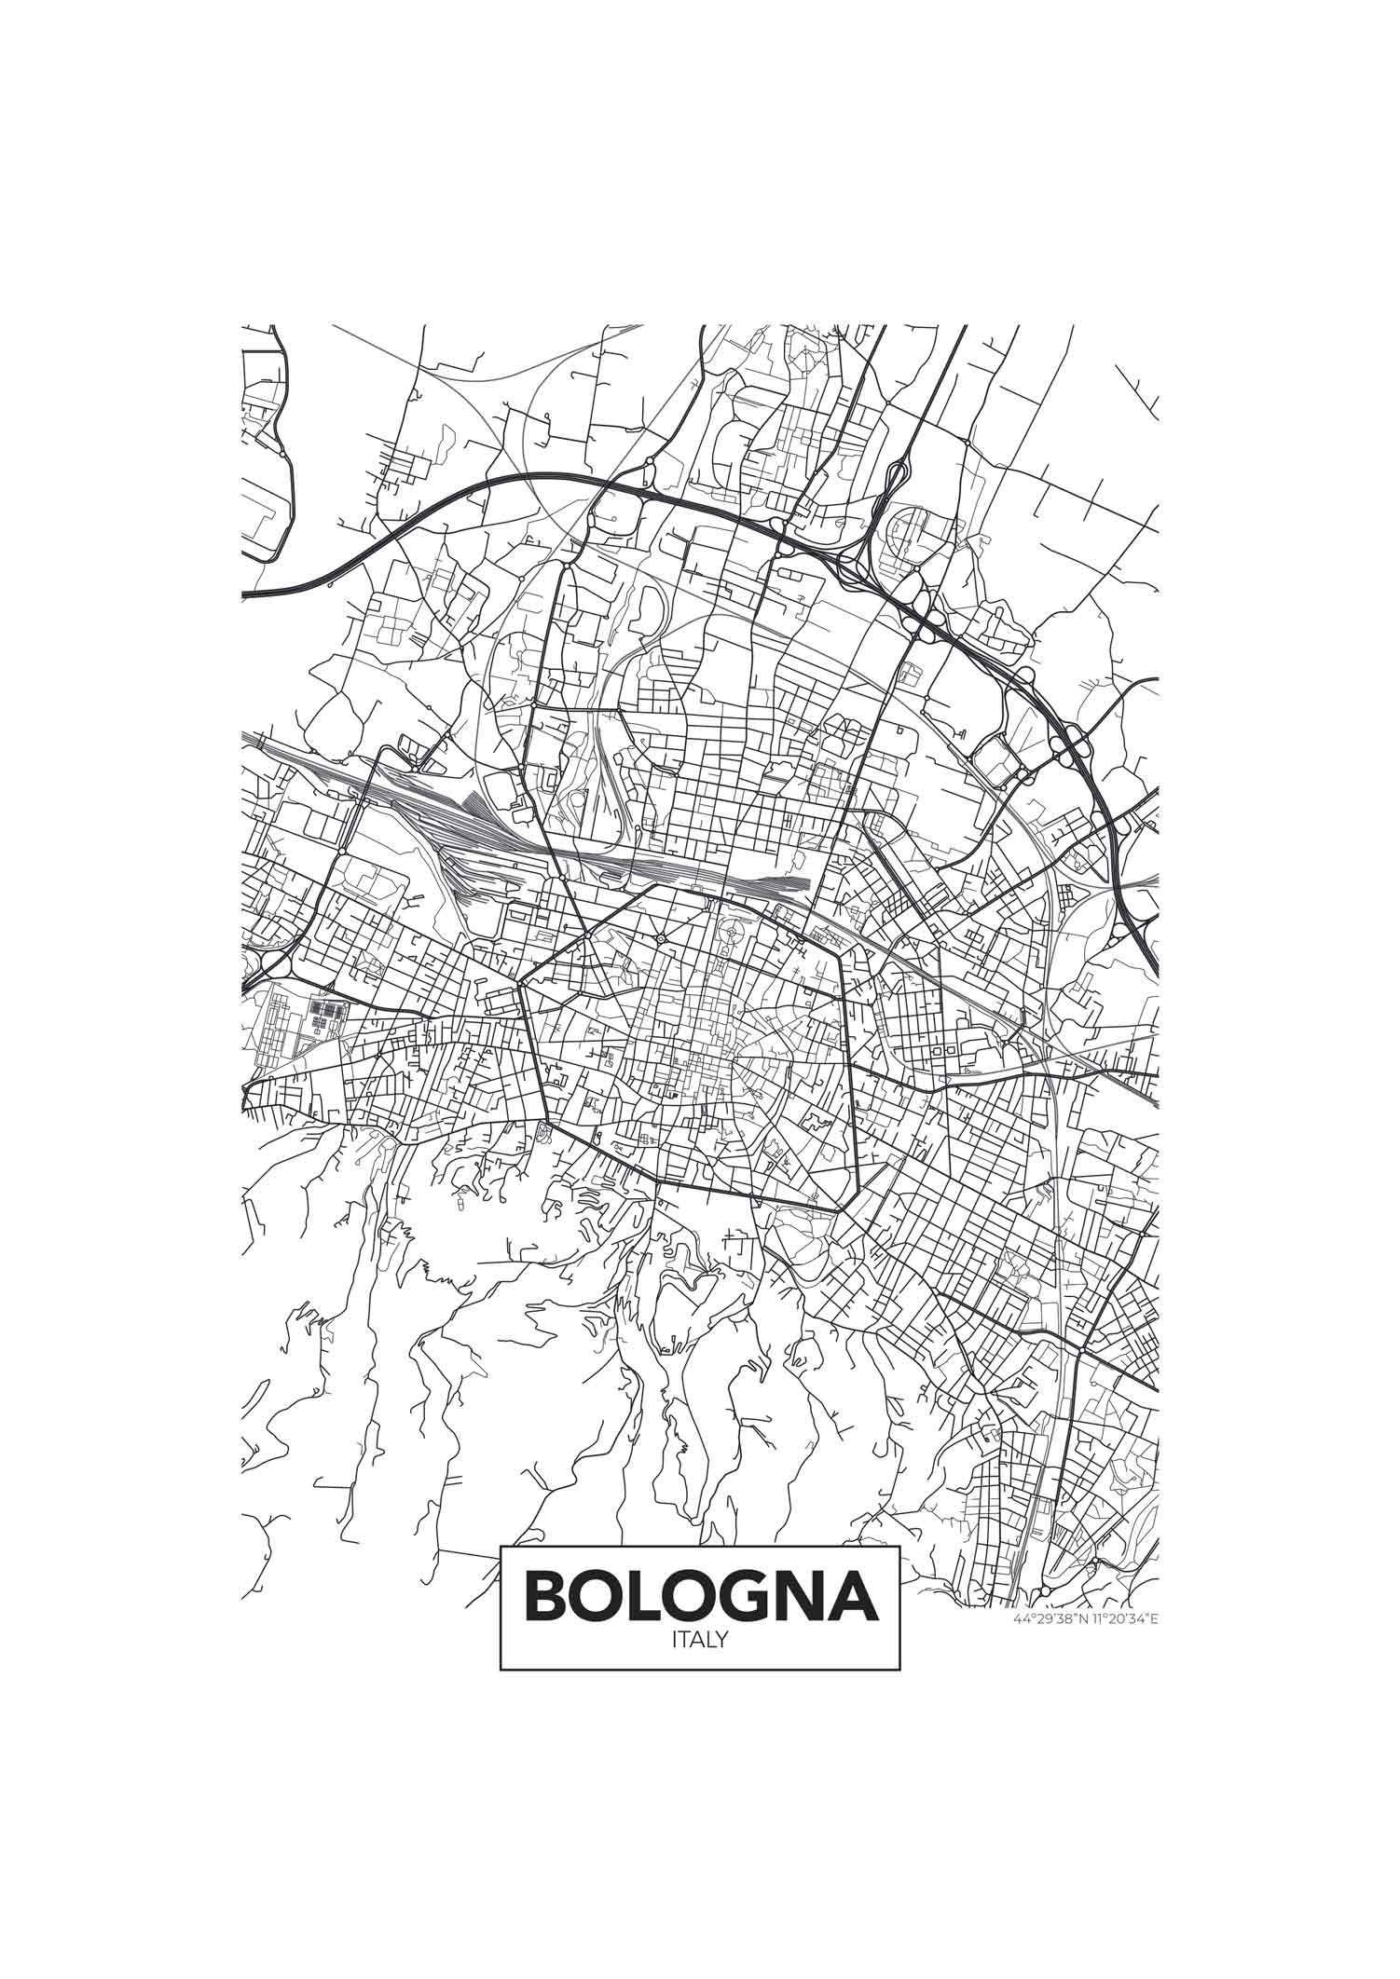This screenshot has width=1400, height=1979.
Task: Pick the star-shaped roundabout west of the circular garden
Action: pyautogui.click(x=660, y=937)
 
